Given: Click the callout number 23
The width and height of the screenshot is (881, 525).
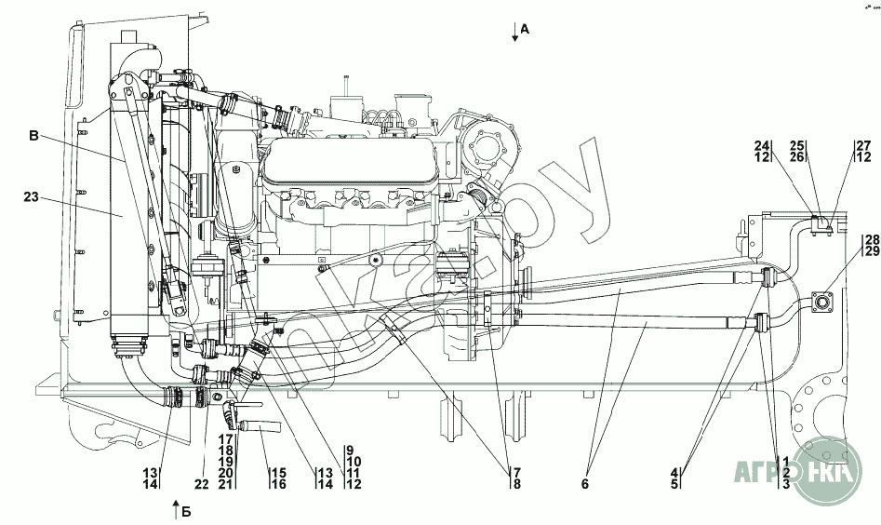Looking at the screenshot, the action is (x=31, y=196).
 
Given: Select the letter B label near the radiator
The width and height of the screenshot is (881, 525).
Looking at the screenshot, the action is (x=34, y=136).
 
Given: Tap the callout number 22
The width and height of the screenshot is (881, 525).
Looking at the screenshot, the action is (x=202, y=484).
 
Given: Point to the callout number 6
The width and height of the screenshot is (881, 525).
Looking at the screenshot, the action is (x=585, y=484).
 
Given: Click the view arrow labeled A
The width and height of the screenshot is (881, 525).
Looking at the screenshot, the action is (x=514, y=32).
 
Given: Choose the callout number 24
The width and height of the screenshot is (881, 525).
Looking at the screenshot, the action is (x=762, y=145).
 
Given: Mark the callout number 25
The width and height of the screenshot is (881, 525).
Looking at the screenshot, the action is (x=797, y=145).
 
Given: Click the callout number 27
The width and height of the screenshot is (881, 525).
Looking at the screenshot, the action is (x=863, y=145).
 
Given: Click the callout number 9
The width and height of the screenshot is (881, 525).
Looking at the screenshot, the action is (x=350, y=450).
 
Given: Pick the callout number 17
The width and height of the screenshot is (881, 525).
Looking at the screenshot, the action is (x=226, y=438).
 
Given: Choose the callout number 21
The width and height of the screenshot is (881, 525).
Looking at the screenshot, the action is (x=226, y=484).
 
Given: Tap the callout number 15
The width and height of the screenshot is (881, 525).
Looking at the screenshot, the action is (x=279, y=473).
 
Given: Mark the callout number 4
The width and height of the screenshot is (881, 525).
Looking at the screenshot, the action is (x=674, y=473).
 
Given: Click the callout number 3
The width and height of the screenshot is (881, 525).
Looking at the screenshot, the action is (x=786, y=484).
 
